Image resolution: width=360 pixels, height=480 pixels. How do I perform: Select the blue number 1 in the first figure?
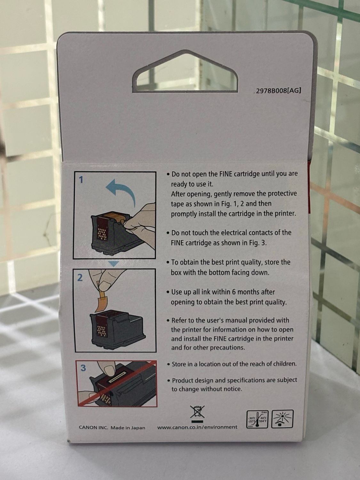tap(81, 180)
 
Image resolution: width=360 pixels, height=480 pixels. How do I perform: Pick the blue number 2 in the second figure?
tap(80, 278)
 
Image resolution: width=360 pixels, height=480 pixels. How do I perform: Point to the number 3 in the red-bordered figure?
tap(83, 368)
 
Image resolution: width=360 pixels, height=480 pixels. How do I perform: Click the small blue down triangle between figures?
tap(114, 264)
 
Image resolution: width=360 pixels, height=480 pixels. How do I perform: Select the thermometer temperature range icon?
tap(257, 419)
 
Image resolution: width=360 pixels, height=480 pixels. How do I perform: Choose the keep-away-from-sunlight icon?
tap(282, 419)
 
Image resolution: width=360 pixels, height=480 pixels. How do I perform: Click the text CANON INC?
tap(93, 428)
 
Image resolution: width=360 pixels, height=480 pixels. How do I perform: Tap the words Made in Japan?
tap(128, 428)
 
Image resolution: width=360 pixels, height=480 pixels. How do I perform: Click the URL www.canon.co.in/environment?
tap(197, 427)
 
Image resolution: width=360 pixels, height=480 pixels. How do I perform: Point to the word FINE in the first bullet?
tap(223, 174)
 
